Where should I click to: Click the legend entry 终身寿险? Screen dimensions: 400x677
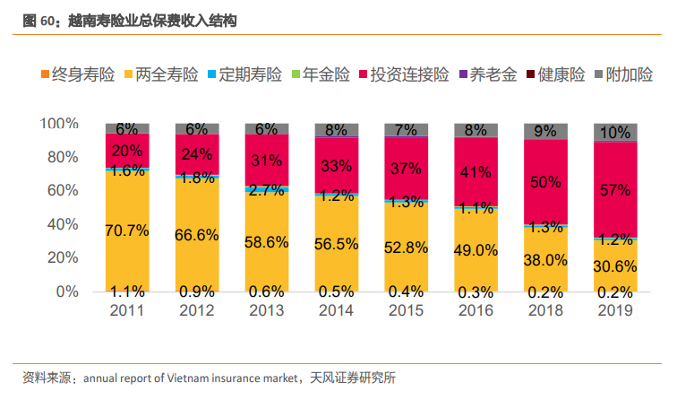click(x=83, y=75)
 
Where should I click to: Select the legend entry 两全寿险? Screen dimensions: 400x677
click(x=167, y=75)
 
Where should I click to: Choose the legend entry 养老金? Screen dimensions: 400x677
click(x=494, y=75)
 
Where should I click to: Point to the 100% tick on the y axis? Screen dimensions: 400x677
click(x=61, y=123)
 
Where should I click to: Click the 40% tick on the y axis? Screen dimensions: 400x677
click(x=65, y=224)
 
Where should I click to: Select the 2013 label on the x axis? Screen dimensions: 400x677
click(x=266, y=309)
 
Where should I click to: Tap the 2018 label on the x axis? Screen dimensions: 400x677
click(x=545, y=309)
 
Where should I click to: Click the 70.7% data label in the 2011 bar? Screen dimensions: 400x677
click(x=127, y=230)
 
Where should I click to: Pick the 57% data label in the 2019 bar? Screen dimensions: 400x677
click(x=616, y=189)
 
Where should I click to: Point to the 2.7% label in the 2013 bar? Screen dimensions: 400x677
click(x=267, y=189)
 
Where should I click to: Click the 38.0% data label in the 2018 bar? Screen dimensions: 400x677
click(x=546, y=259)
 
